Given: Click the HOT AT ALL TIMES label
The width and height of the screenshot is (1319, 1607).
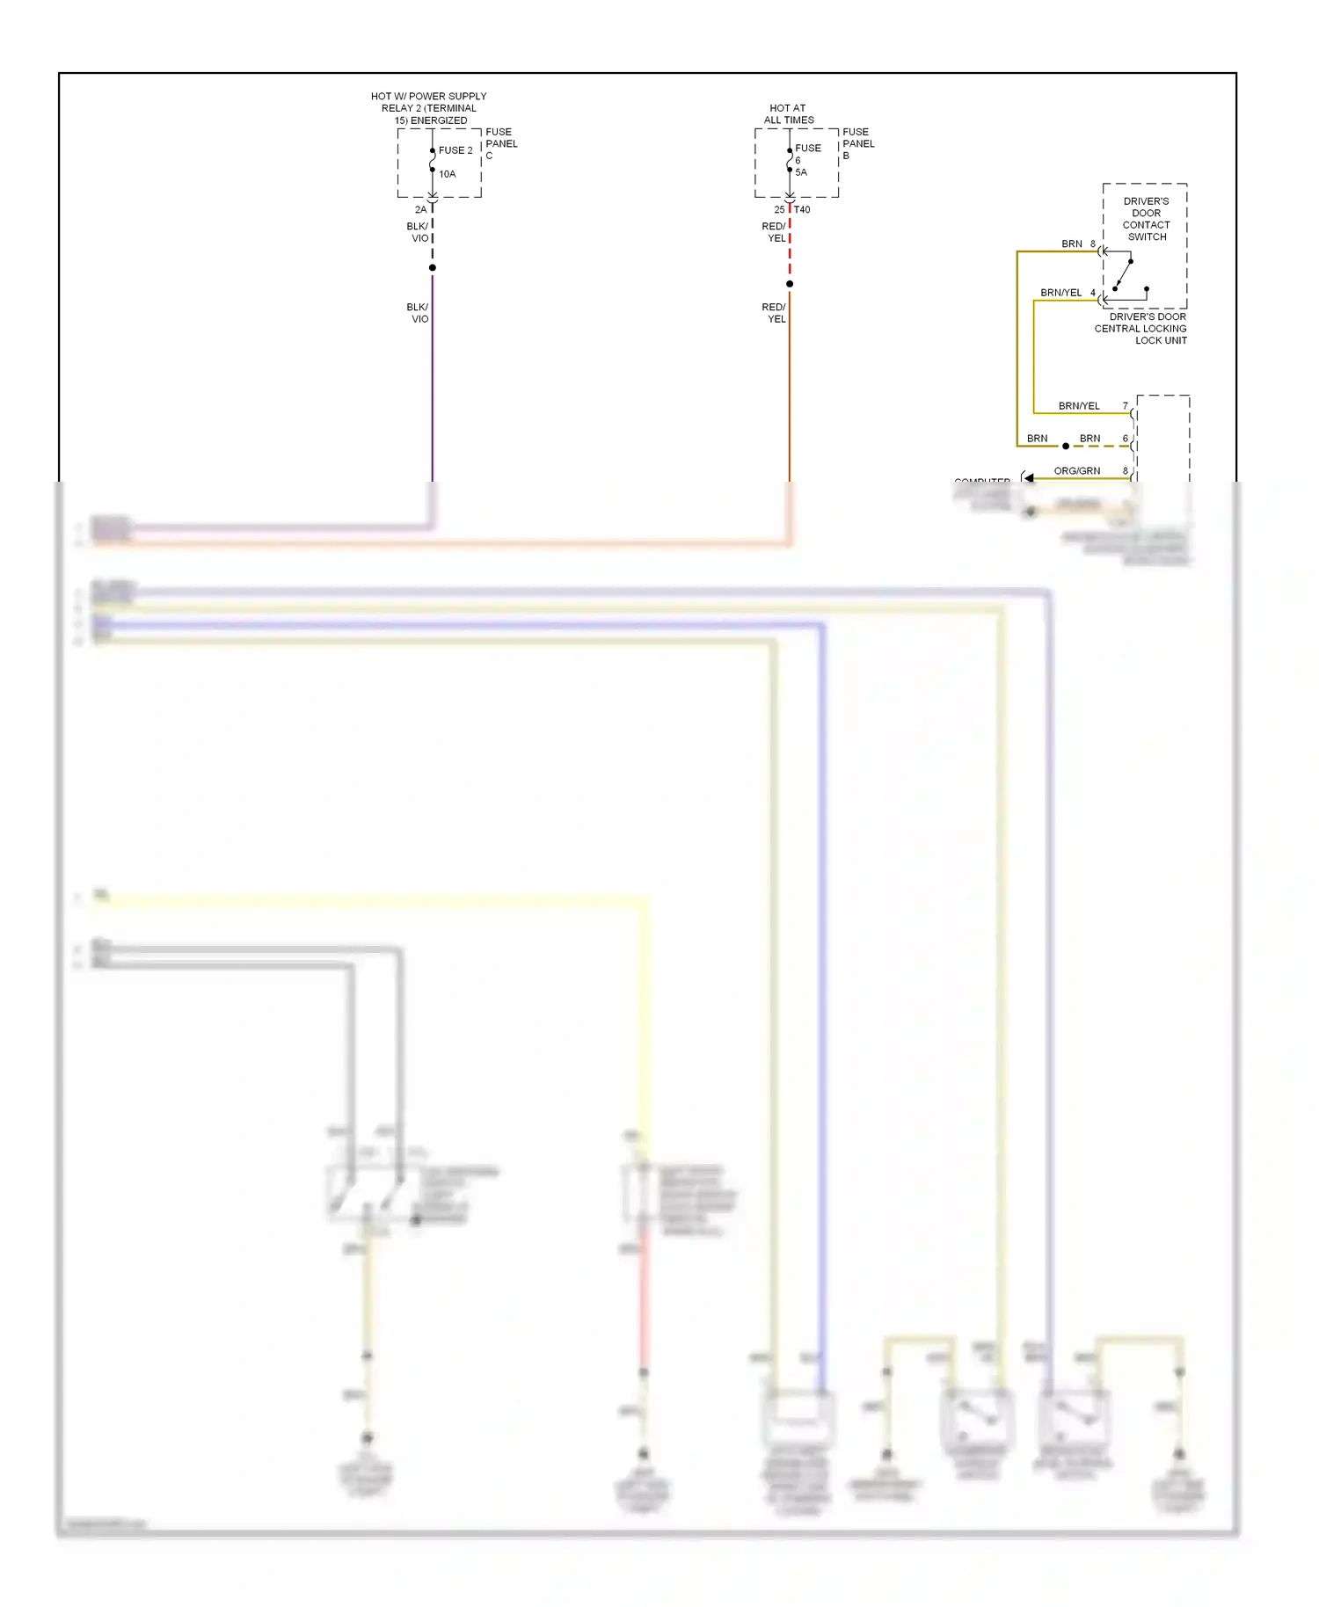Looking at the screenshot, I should tap(789, 114).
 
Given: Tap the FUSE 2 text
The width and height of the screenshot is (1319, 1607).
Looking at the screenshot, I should tap(455, 150).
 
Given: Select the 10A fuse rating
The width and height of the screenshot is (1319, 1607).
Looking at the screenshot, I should tap(448, 174).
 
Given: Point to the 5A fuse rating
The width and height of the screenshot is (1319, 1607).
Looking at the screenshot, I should tap(801, 172).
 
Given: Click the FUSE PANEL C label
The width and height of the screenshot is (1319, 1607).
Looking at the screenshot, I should tap(501, 143).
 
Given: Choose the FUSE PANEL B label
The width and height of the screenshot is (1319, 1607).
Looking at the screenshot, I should tap(858, 143).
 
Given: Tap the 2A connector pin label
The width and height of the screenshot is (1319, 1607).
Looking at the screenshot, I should tap(420, 209).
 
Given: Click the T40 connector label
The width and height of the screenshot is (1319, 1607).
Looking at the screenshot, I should tap(802, 209).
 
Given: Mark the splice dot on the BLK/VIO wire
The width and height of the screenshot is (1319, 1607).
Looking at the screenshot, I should tap(433, 267).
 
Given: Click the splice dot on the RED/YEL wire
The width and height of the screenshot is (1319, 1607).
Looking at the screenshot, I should tap(790, 284).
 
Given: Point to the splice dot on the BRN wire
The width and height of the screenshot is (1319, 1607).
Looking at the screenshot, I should tap(1066, 446).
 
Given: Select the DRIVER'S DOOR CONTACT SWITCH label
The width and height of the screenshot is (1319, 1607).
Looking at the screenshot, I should tap(1147, 219).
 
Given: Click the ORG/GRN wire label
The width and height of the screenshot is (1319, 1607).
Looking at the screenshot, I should tap(1077, 470).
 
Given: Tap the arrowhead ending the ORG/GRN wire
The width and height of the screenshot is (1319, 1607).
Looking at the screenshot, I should tap(1027, 478).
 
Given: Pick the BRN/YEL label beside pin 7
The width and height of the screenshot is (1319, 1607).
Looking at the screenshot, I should tap(1079, 406).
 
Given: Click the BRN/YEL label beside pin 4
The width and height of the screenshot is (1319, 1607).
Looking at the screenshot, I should tap(1061, 293).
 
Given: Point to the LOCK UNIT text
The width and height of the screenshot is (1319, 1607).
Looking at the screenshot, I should tap(1161, 340).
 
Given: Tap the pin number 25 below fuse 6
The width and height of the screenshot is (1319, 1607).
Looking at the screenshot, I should tap(779, 209).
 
